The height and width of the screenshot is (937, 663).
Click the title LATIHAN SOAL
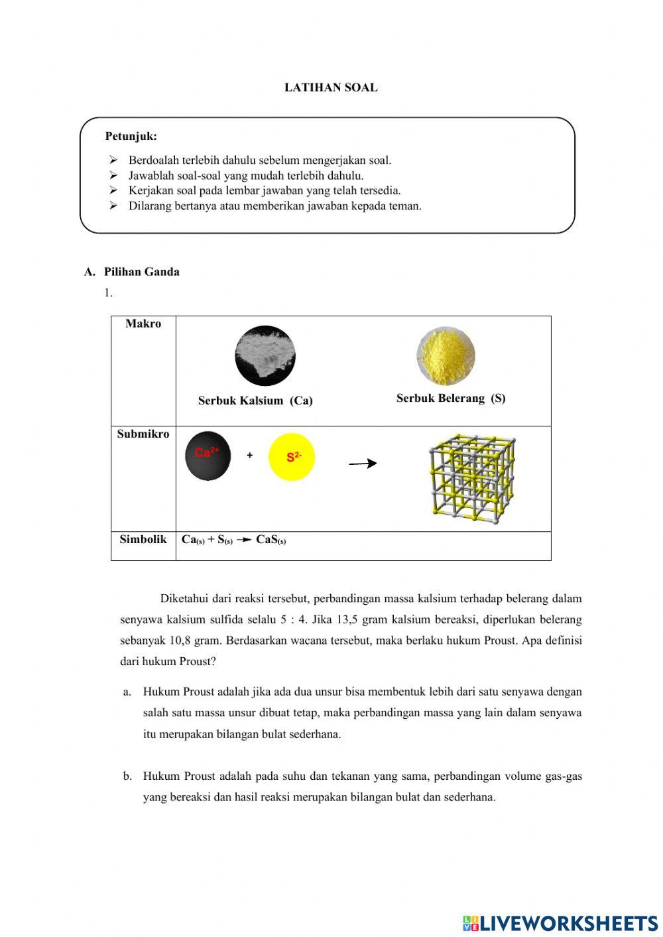pyautogui.click(x=331, y=88)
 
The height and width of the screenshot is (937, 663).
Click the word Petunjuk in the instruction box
pyautogui.click(x=131, y=137)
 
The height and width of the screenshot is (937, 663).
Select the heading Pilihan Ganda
pyautogui.click(x=141, y=272)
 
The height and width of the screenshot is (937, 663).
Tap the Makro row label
pyautogui.click(x=143, y=324)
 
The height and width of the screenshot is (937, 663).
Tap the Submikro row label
pyautogui.click(x=143, y=434)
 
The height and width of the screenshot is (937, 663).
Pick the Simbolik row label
pyautogui.click(x=143, y=539)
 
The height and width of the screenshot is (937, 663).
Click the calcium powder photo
pyautogui.click(x=265, y=356)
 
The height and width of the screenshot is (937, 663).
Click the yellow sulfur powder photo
pyautogui.click(x=446, y=356)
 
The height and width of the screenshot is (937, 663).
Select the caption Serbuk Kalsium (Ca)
pyautogui.click(x=255, y=401)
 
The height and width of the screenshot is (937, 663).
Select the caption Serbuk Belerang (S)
pyautogui.click(x=451, y=399)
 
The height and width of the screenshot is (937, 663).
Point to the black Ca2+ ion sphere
pyautogui.click(x=208, y=456)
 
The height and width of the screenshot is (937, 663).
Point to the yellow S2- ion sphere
pyautogui.click(x=292, y=458)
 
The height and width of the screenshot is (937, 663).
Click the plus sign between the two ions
pyautogui.click(x=250, y=456)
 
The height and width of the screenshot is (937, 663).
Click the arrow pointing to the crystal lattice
pyautogui.click(x=363, y=464)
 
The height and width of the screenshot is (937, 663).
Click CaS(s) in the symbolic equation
pyautogui.click(x=271, y=540)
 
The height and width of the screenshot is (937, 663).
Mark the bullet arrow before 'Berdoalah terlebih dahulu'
pyautogui.click(x=113, y=160)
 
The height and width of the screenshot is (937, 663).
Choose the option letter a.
pyautogui.click(x=127, y=692)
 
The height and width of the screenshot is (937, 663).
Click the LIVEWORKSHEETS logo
pyautogui.click(x=560, y=923)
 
